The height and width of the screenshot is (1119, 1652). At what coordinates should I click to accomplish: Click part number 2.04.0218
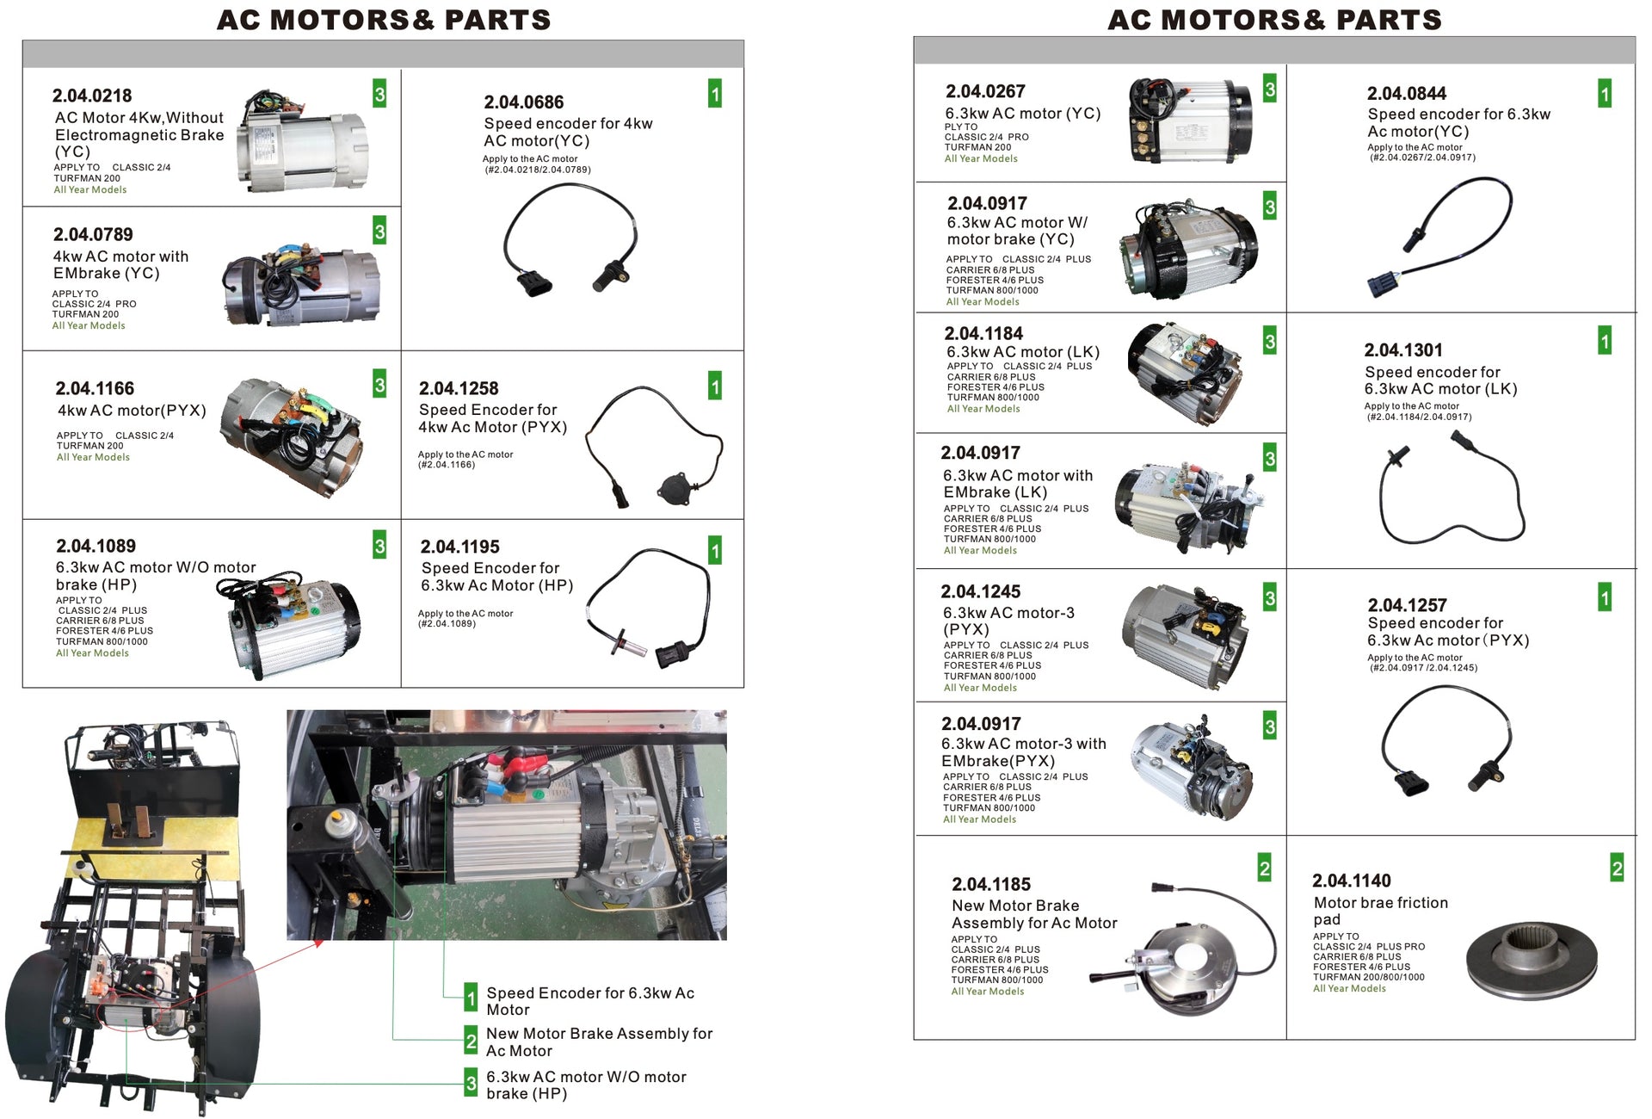click(92, 96)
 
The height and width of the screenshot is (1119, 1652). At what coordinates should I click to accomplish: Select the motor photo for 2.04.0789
click(301, 284)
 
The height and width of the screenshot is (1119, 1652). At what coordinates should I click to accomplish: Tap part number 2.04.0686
click(523, 102)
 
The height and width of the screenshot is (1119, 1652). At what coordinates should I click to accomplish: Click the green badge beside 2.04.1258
click(715, 386)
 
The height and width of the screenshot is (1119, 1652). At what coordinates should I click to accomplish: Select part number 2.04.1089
click(96, 546)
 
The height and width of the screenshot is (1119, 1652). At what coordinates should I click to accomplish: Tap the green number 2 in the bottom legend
click(471, 1041)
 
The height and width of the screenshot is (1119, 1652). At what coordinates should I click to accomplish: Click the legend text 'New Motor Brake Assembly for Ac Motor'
click(599, 1042)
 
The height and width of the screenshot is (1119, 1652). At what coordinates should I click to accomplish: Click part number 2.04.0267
click(985, 91)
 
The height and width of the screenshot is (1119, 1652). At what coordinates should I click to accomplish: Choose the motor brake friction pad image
click(1531, 961)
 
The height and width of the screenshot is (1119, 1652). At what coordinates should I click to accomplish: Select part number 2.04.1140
click(1351, 881)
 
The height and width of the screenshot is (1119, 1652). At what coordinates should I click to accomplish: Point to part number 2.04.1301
click(1402, 350)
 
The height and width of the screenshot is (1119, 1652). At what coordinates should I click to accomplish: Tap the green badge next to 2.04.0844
click(1604, 93)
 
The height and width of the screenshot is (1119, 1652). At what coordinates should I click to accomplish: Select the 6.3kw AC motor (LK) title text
click(1023, 352)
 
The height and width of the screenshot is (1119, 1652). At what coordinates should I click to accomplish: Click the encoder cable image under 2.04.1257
click(1445, 740)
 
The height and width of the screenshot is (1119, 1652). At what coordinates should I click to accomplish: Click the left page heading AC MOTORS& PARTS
click(384, 20)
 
